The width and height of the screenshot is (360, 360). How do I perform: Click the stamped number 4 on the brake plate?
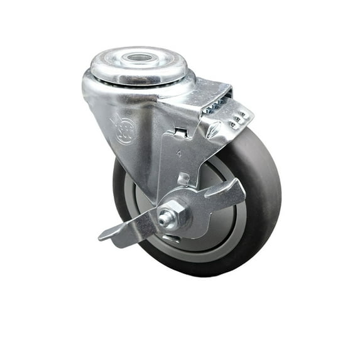point(179,152)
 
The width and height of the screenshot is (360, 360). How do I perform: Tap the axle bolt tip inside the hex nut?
point(165,219)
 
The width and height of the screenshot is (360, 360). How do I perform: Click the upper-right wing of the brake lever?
point(226,192)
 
